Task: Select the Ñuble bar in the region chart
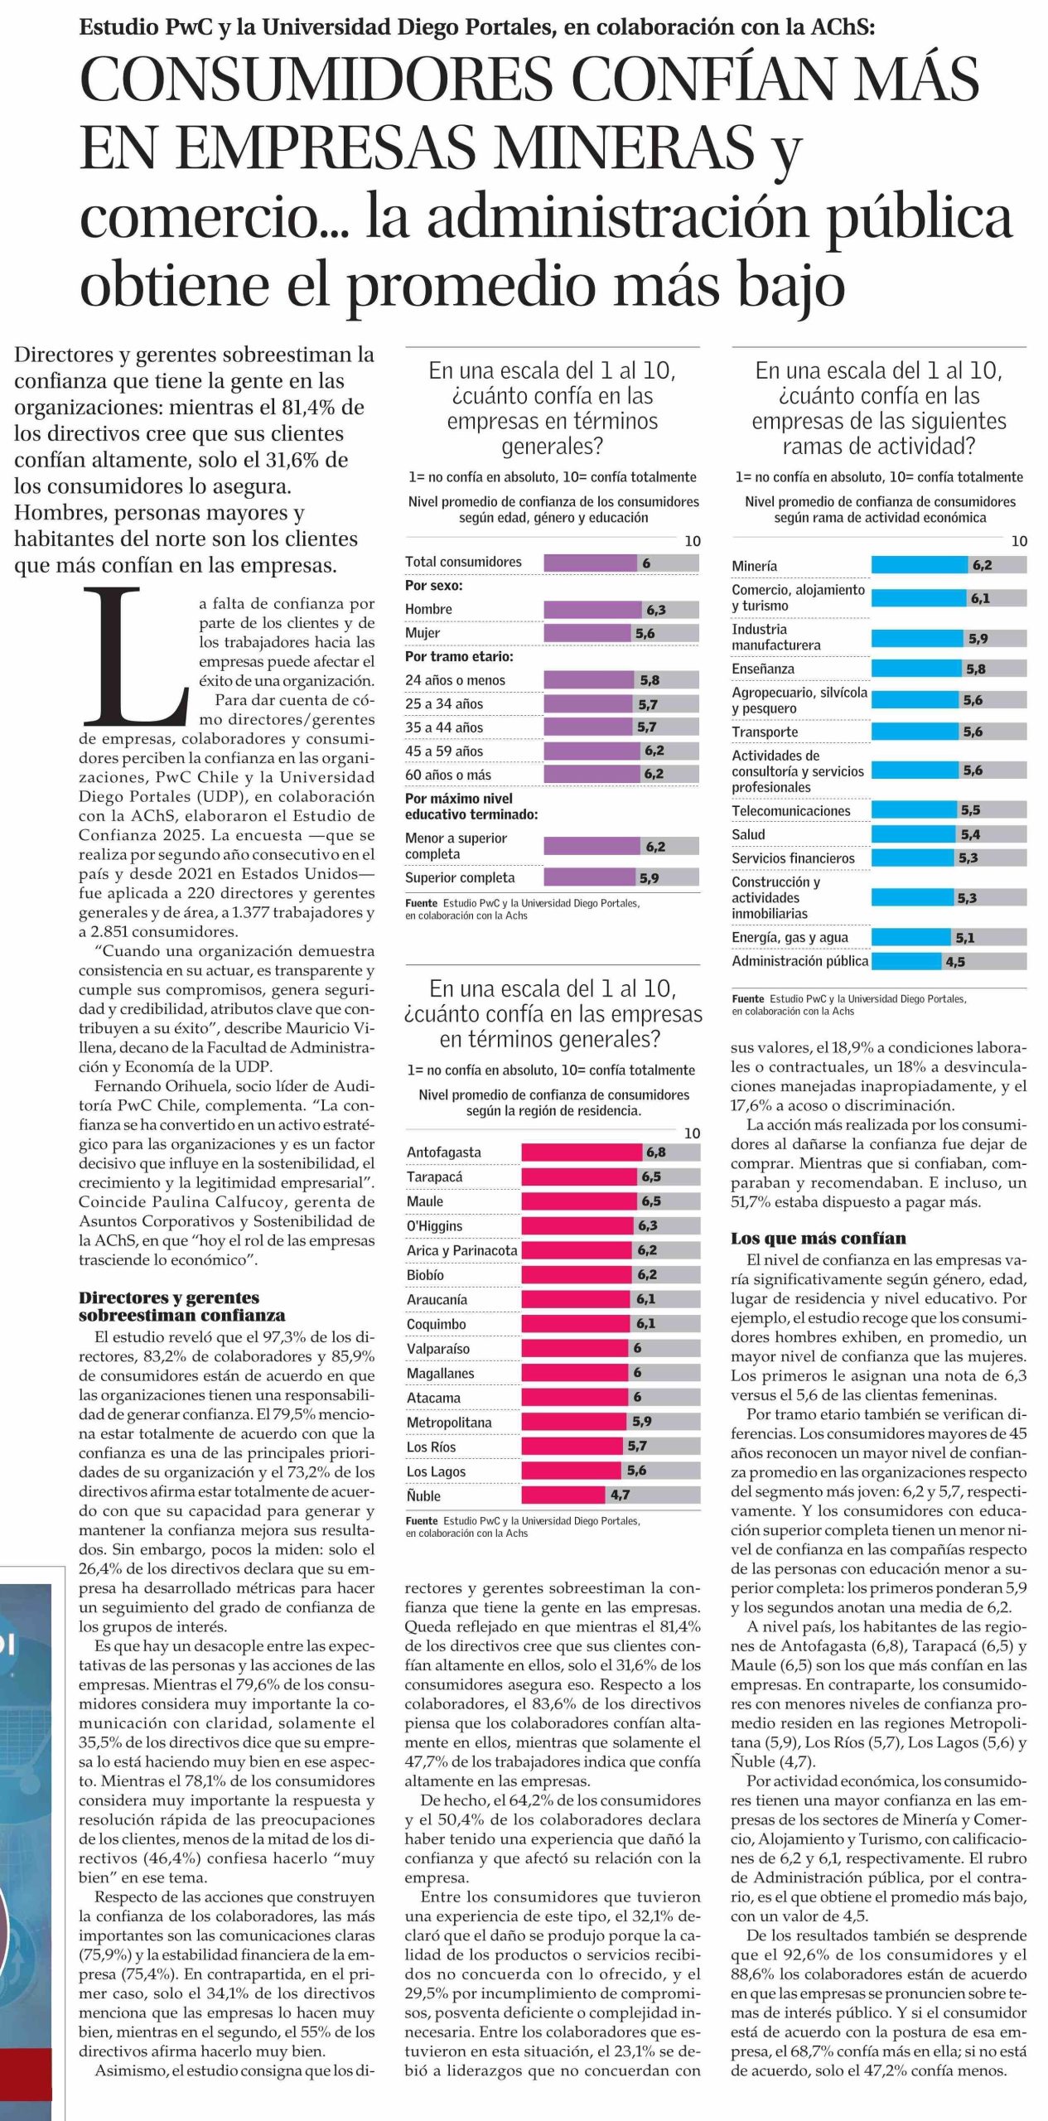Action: (x=563, y=1495)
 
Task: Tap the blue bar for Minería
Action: (x=919, y=566)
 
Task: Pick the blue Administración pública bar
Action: (x=906, y=961)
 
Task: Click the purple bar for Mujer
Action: (x=587, y=633)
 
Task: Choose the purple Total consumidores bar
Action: (x=590, y=563)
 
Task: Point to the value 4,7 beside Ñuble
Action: (x=620, y=1495)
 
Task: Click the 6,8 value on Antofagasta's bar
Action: (x=655, y=1152)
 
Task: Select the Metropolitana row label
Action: (x=449, y=1422)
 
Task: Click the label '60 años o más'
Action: (x=447, y=775)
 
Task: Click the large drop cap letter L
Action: (x=137, y=655)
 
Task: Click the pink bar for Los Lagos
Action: (x=571, y=1471)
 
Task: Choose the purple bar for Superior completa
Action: (x=589, y=877)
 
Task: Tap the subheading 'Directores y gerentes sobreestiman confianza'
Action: (x=181, y=1306)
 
